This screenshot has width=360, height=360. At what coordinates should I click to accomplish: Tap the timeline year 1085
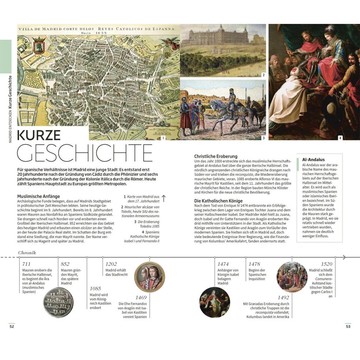point(95,289)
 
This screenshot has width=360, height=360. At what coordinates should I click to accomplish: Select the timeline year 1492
point(283,297)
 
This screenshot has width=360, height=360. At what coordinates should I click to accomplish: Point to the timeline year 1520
point(326,264)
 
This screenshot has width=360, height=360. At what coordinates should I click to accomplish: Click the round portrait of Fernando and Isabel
point(149,277)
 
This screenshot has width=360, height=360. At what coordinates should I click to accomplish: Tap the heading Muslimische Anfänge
point(38,196)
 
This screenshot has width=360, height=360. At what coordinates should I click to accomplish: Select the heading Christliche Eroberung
point(216,156)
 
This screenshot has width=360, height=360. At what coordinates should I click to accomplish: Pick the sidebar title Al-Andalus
point(313,159)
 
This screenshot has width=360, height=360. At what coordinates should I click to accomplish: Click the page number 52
point(12,326)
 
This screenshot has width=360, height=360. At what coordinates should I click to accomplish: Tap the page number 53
point(348,326)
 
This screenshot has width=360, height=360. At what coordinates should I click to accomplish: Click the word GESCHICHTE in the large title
point(85,153)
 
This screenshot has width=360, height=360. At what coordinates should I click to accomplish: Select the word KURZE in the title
point(39,135)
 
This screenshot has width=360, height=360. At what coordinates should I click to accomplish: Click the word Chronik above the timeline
point(27,252)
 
